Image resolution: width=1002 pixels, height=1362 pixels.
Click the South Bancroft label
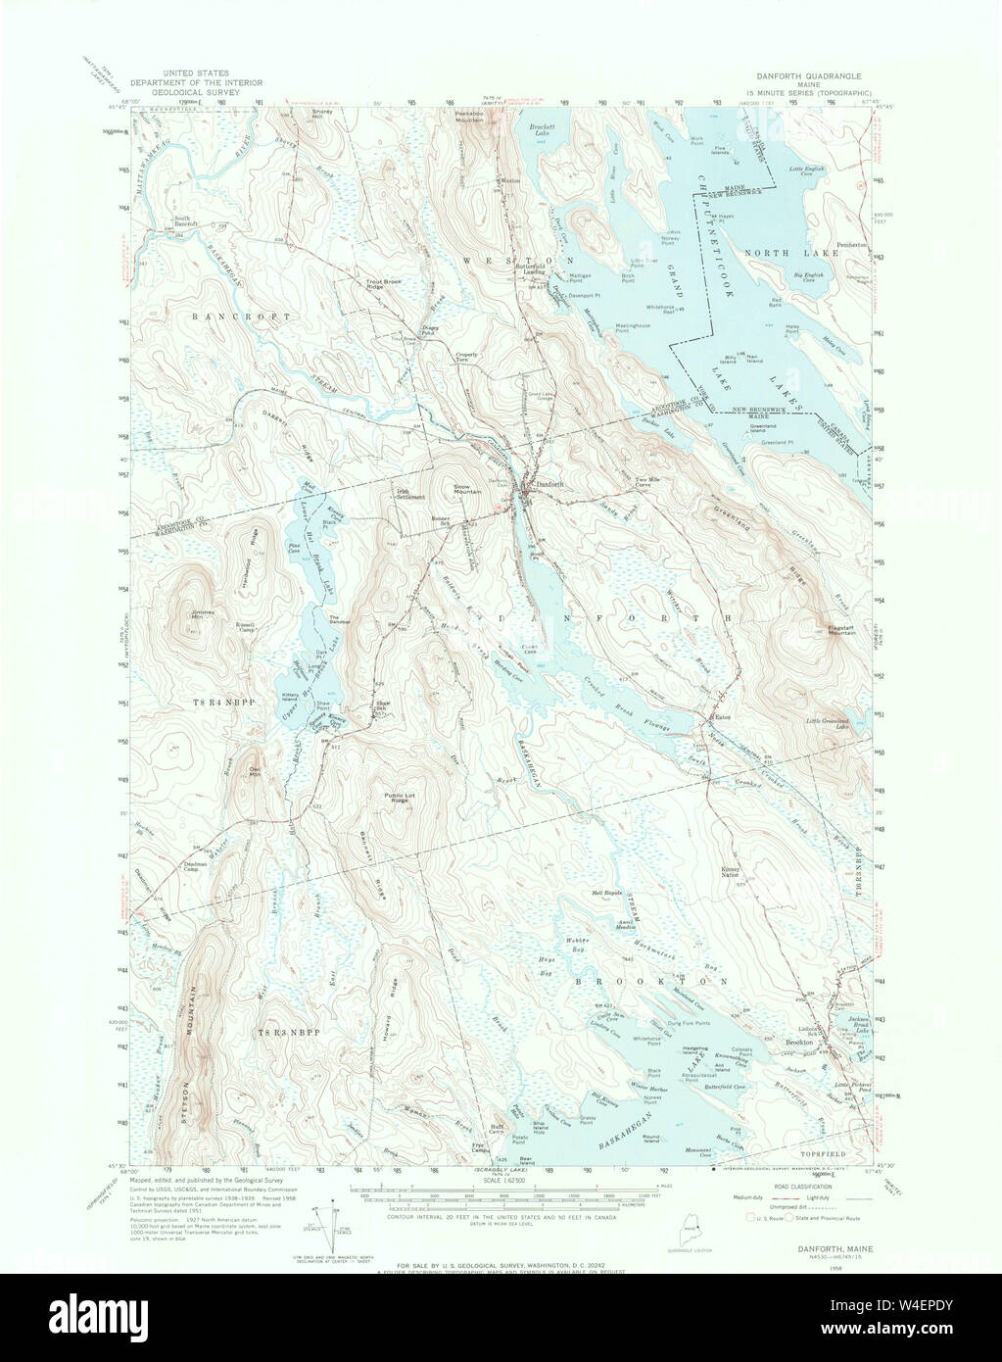pyautogui.click(x=187, y=221)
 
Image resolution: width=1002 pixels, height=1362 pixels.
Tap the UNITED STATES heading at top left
pyautogui.click(x=196, y=73)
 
